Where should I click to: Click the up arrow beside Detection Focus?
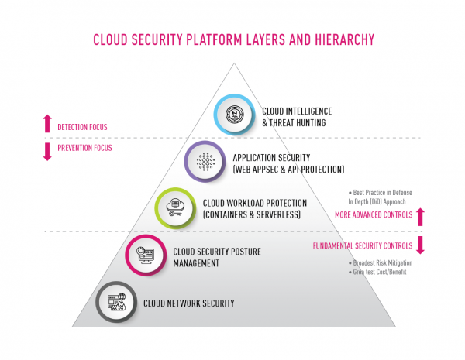(47, 124)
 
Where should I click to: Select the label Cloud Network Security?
(188, 303)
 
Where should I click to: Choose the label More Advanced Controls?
(374, 214)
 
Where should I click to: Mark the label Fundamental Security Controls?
(362, 245)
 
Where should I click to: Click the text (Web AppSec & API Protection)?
(288, 168)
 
